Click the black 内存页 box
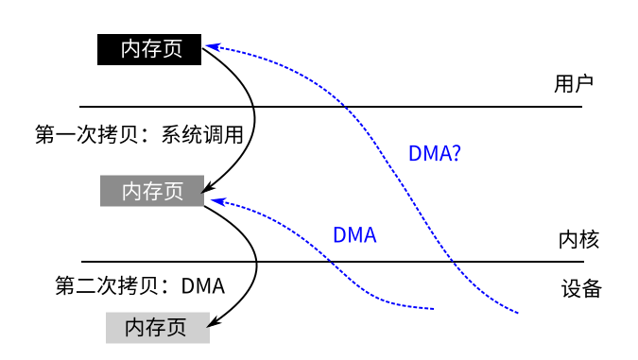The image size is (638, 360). click(x=149, y=49)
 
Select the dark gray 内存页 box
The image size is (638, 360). click(x=152, y=191)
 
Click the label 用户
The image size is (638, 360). click(x=573, y=83)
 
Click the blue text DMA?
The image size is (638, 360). click(x=435, y=154)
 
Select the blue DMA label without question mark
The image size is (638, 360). click(x=354, y=235)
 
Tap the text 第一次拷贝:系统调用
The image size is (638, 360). click(x=139, y=134)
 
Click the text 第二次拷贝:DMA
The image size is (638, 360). click(x=140, y=283)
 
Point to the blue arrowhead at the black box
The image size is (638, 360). click(x=210, y=44)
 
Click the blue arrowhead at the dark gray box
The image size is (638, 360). click(x=215, y=200)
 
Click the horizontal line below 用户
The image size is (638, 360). click(x=331, y=107)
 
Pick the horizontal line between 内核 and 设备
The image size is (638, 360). click(x=331, y=262)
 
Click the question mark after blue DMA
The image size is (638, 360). click(x=456, y=154)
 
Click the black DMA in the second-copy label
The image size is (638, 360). click(x=202, y=283)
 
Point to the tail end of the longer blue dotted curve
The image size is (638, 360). click(x=519, y=312)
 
